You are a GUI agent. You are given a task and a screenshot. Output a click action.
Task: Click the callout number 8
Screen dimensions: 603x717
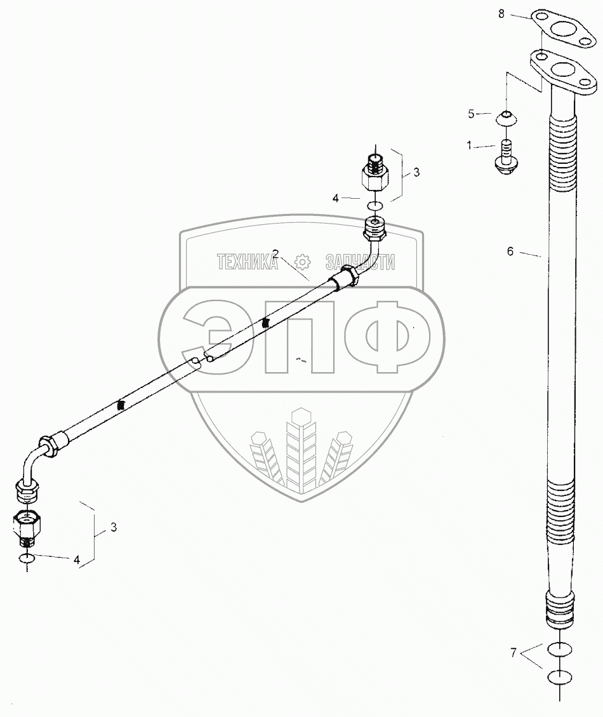click(501, 14)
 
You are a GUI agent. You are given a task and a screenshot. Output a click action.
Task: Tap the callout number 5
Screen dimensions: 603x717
click(471, 114)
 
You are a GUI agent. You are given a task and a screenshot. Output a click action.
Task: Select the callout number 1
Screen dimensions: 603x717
click(469, 146)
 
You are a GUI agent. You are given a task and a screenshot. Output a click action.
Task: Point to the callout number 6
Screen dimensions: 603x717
click(510, 251)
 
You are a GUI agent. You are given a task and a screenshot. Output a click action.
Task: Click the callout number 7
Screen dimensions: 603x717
click(514, 652)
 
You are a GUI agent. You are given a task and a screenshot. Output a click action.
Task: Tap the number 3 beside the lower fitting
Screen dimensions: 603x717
click(113, 526)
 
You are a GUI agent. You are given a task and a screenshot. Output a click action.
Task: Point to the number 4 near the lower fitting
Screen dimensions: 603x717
click(77, 560)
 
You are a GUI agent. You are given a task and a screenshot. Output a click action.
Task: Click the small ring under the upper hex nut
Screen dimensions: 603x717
click(374, 205)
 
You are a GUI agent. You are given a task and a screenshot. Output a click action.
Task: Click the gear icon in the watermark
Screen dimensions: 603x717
click(301, 262)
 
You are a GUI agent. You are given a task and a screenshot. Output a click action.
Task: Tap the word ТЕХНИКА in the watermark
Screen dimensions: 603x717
click(248, 262)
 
